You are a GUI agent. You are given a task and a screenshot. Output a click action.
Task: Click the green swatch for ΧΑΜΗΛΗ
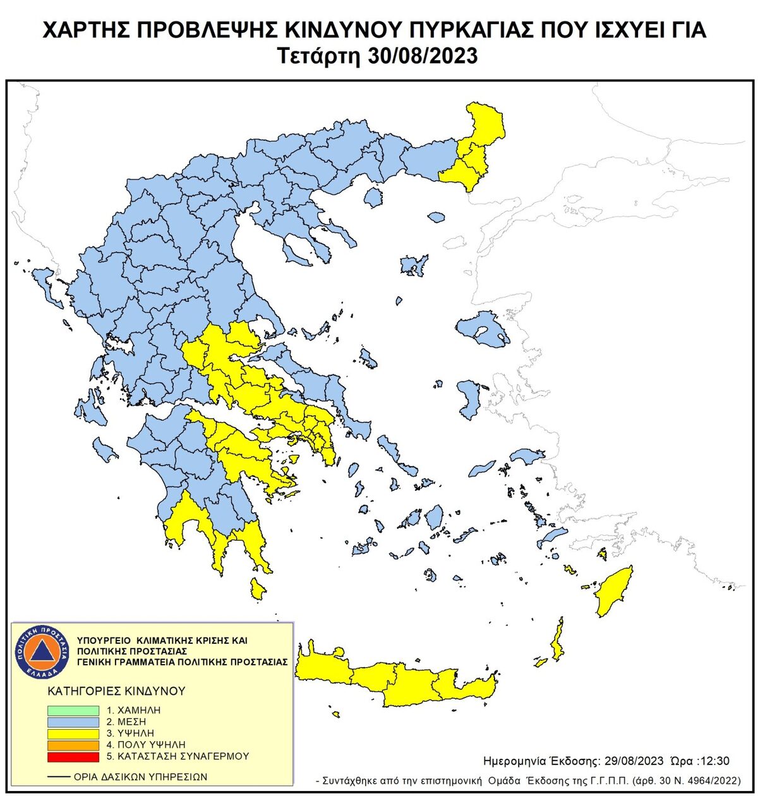[x=73, y=710]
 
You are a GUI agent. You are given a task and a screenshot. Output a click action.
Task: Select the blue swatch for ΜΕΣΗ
[x=73, y=721]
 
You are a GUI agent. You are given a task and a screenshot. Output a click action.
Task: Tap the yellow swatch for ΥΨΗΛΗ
[x=73, y=733]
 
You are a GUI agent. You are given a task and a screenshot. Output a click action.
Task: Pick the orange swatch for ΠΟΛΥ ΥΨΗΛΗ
[x=73, y=745]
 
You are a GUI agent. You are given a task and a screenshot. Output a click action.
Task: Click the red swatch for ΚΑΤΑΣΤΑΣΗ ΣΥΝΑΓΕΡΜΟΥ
[x=73, y=756]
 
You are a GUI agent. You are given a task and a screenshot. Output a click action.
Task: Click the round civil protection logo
[x=41, y=651]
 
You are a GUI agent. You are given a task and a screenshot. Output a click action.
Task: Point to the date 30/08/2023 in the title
[x=422, y=56]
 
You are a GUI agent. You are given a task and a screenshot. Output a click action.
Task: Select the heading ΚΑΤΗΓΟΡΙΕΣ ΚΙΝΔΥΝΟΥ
[x=116, y=690]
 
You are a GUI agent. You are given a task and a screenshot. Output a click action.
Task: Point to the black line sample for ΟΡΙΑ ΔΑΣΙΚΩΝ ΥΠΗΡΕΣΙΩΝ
[x=59, y=776]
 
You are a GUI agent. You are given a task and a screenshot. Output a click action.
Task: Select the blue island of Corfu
[x=46, y=284]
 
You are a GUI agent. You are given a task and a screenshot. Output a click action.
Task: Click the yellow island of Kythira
[x=257, y=589]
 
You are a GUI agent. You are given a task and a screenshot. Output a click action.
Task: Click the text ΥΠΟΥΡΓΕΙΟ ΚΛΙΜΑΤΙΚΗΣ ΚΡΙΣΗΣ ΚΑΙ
[x=162, y=640]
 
